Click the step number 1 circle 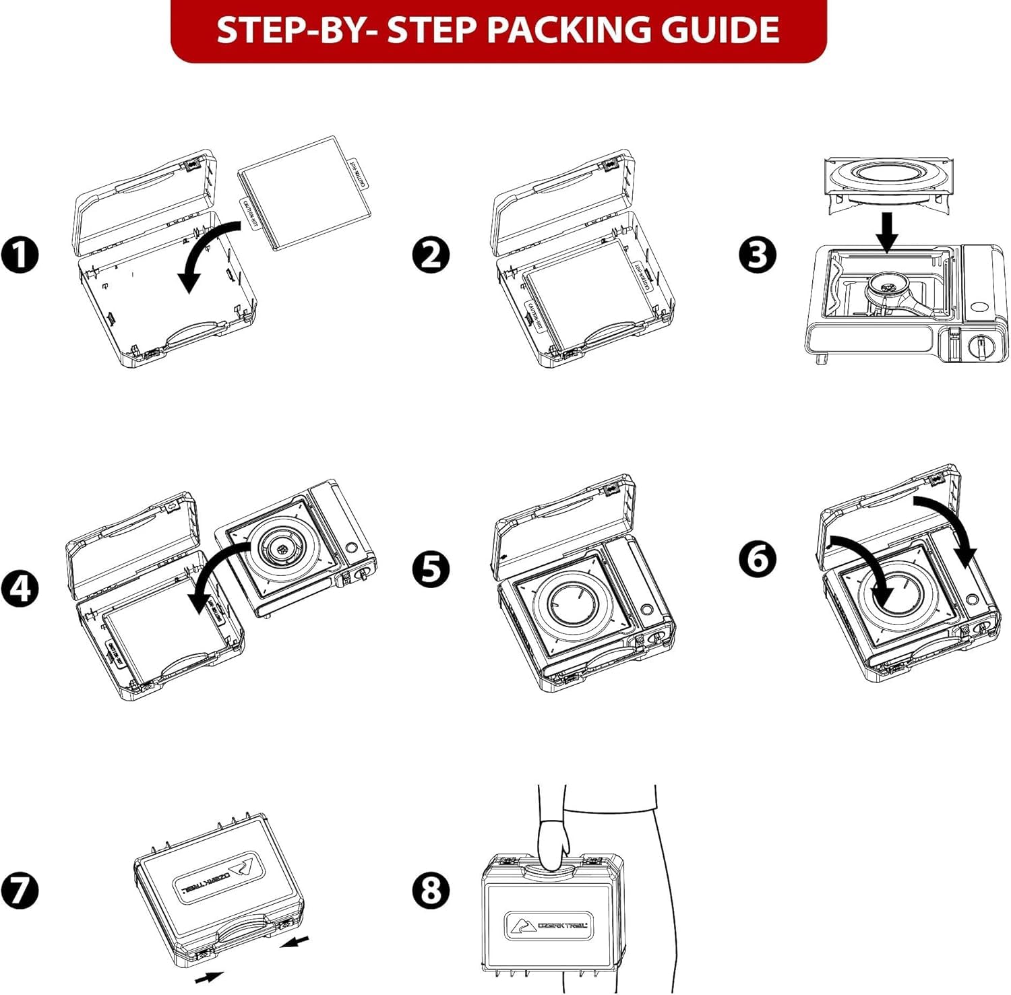coord(20,255)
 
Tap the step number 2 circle coord(431,255)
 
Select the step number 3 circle coord(758,255)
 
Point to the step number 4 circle coord(20,587)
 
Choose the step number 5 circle coord(431,568)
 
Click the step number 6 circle coord(758,558)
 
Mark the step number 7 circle coord(20,889)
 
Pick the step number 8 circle coord(431,889)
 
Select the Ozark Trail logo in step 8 coord(546,926)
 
